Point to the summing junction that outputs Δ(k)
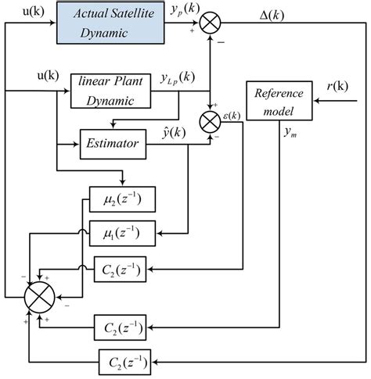[x=210, y=23]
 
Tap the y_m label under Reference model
[x=295, y=131]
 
